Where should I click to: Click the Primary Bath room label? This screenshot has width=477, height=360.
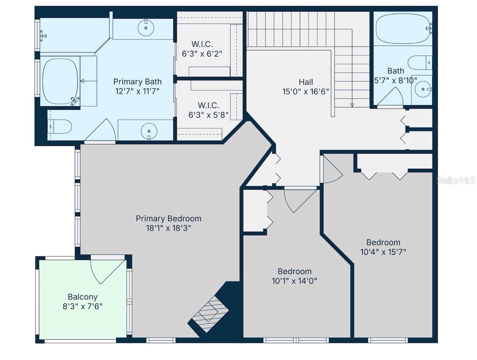pos(138,82)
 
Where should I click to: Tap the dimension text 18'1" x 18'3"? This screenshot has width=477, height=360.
pos(168,228)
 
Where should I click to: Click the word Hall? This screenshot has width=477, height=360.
pos(306,82)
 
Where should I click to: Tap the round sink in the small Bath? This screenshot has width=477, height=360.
pos(421,90)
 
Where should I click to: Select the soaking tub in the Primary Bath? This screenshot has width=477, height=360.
pos(61,81)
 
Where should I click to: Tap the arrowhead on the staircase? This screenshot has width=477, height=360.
pos(352,104)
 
